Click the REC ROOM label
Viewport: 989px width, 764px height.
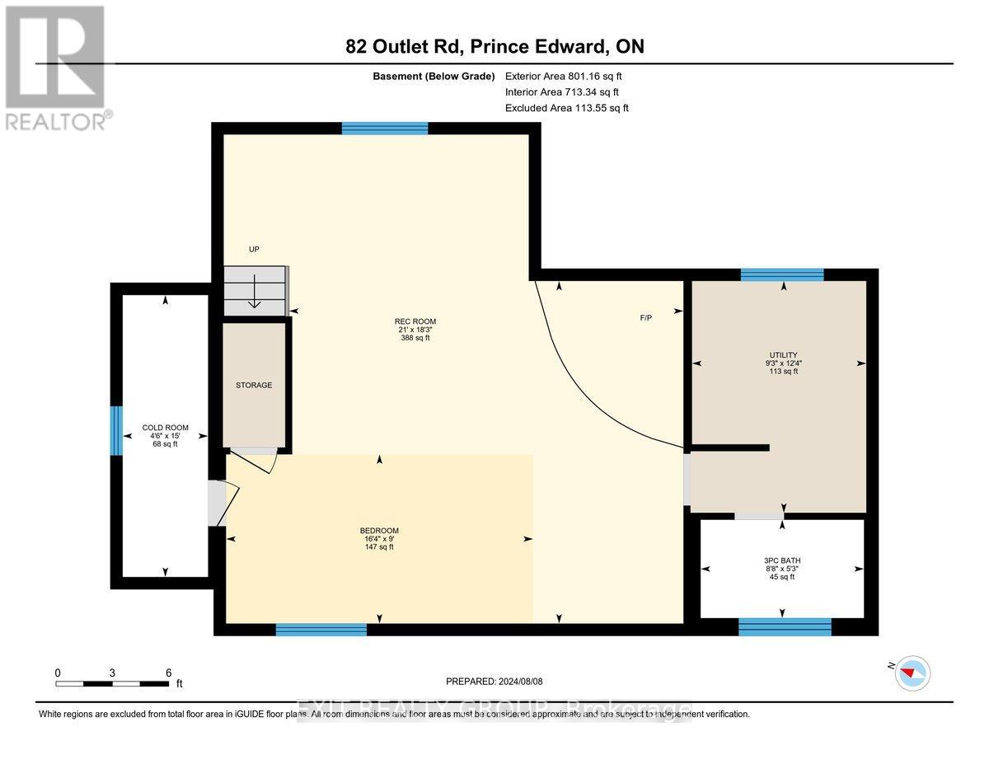click(x=415, y=321)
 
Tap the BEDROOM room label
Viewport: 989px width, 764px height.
click(x=379, y=530)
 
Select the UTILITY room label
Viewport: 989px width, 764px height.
click(x=782, y=355)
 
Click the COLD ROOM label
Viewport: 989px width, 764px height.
click(x=166, y=428)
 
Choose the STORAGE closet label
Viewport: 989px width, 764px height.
click(x=254, y=385)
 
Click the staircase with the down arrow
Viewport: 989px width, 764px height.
click(x=255, y=290)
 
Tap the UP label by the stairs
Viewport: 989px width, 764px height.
click(x=254, y=249)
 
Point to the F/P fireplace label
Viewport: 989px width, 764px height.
click(x=645, y=318)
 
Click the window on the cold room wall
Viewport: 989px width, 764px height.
click(x=117, y=430)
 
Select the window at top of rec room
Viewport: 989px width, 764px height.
click(x=385, y=128)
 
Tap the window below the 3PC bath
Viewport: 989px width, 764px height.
click(x=784, y=628)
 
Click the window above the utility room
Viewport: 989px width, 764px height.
click(x=781, y=274)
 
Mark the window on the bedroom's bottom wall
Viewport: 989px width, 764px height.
click(x=321, y=630)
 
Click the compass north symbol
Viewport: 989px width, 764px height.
click(x=912, y=673)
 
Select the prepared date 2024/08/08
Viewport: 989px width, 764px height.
click(x=494, y=682)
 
